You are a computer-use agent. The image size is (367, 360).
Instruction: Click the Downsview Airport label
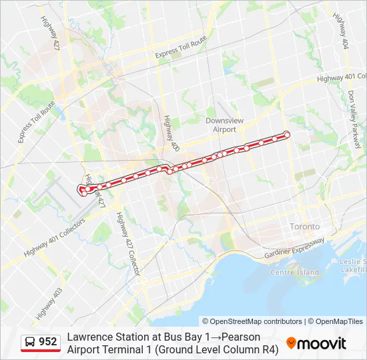click(220, 125)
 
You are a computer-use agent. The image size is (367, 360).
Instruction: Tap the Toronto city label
click(305, 227)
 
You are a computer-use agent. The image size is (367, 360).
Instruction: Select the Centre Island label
click(294, 272)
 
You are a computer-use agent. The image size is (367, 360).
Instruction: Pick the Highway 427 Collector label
click(129, 244)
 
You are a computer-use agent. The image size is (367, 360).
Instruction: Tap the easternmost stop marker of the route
click(287, 135)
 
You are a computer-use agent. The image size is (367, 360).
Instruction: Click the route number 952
click(48, 342)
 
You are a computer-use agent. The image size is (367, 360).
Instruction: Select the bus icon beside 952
click(31, 342)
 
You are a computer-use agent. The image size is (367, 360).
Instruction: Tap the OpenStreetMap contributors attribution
click(252, 321)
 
